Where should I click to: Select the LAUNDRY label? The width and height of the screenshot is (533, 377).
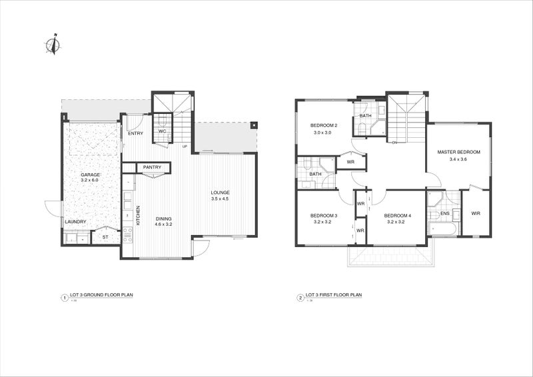point(75,221)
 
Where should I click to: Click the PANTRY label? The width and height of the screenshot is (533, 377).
point(152,167)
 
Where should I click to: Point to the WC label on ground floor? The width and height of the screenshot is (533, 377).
point(161,131)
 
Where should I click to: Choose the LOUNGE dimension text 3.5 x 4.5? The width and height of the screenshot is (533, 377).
point(220,199)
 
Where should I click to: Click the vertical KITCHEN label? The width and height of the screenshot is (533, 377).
point(138,214)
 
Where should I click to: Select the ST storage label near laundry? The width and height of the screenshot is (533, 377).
point(105,237)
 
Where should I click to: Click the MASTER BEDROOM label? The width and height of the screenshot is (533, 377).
point(458,152)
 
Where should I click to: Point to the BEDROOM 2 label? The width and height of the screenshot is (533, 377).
point(324,126)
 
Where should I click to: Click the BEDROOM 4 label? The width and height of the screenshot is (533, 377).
point(398,216)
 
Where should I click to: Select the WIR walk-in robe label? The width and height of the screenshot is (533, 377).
point(476,213)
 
